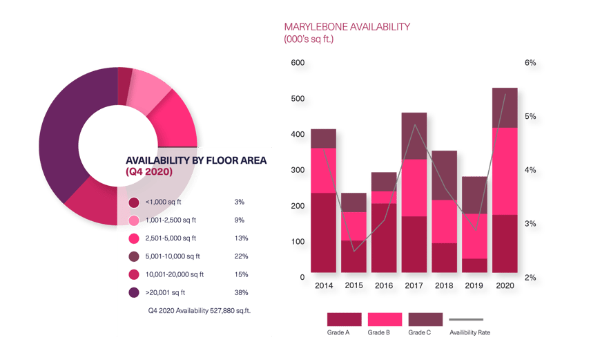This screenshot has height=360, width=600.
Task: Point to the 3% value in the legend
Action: point(240,202)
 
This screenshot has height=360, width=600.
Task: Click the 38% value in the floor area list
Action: point(241,292)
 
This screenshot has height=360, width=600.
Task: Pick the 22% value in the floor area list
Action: point(241,256)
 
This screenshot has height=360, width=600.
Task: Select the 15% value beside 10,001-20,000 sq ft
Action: point(241,274)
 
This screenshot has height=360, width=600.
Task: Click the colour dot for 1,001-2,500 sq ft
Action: point(134,221)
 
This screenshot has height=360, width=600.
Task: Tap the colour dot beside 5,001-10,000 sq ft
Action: point(134,257)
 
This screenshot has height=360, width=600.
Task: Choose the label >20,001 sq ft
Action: point(165,292)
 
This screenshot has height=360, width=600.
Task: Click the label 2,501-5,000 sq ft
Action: point(171,238)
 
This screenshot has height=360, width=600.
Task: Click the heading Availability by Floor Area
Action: point(196,160)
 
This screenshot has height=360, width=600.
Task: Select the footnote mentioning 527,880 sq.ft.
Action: point(200,311)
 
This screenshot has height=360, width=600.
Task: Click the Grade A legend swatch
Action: point(344,319)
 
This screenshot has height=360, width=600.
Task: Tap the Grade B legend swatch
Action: point(385,319)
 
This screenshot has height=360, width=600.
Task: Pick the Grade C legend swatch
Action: point(425,319)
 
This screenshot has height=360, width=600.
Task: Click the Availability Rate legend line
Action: point(466,319)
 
